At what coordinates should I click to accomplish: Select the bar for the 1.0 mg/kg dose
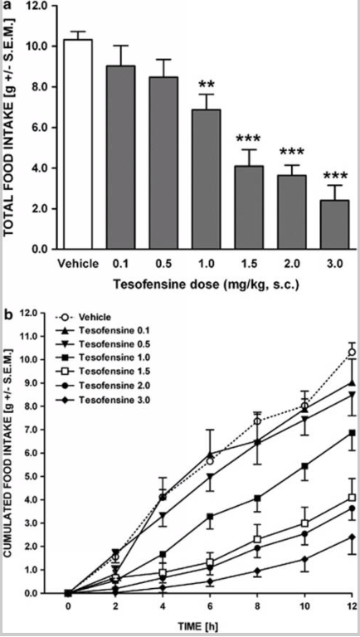pos(207,179)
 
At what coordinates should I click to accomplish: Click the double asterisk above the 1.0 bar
pos(207,85)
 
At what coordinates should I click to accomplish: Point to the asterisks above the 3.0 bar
pos(335,176)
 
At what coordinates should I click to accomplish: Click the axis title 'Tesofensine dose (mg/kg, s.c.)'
pos(206,284)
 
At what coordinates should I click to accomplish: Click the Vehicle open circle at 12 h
pos(353,352)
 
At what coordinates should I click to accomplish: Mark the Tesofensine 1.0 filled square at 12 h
pos(353,433)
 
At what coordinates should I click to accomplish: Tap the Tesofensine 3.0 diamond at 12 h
pos(353,537)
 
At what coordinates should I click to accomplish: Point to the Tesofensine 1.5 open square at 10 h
pos(304,523)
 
